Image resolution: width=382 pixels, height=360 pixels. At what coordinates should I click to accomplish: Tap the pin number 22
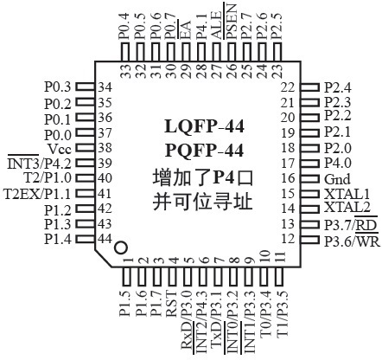[x=288, y=87]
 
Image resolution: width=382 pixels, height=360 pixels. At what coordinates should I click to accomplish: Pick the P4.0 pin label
[x=336, y=163]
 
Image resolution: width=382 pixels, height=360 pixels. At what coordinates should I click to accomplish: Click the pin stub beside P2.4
[x=310, y=87]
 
